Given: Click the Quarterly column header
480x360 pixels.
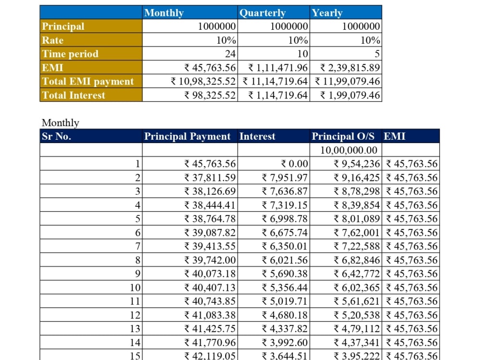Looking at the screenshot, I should click(263, 13).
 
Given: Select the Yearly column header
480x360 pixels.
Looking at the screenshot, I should click(327, 13).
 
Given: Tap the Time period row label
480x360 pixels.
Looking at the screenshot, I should click(70, 54).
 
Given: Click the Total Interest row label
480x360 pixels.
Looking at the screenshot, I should click(73, 95).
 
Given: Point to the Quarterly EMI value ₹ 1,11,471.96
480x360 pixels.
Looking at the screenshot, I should click(278, 68).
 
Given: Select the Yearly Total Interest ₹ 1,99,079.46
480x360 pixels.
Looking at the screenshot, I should click(350, 95).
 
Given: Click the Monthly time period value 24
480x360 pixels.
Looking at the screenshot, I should click(230, 54).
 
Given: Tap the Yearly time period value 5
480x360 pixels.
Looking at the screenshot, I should click(377, 54).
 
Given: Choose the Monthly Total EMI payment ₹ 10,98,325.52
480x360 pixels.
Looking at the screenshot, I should click(204, 82).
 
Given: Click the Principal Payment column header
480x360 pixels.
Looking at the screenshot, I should click(187, 136).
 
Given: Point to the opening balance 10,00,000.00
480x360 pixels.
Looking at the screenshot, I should click(349, 150).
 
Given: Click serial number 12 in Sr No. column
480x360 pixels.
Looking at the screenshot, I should click(135, 315).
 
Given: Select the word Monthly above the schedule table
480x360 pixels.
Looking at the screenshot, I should click(60, 123).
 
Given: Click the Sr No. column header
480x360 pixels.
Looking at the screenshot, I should click(57, 136).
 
